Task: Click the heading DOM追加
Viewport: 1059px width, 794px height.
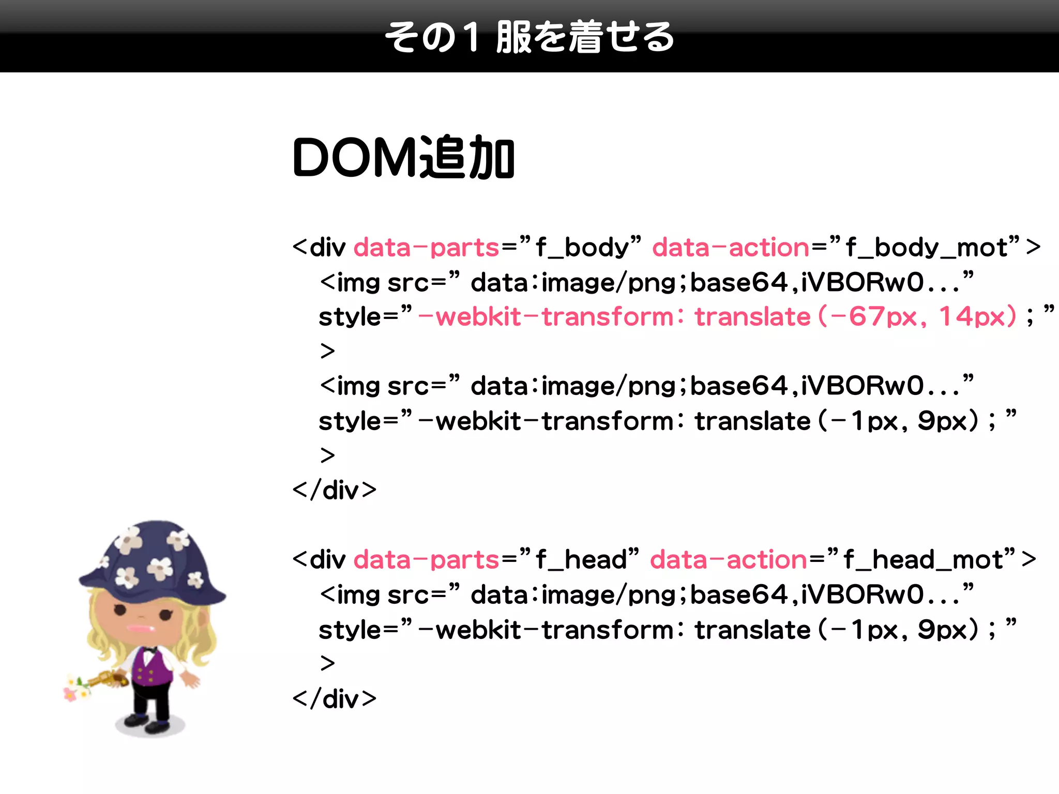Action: (x=403, y=158)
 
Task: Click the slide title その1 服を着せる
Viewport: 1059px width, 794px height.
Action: (x=529, y=37)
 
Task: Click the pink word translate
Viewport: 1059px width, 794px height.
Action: (x=752, y=316)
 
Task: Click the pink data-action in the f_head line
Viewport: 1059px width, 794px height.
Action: (x=729, y=559)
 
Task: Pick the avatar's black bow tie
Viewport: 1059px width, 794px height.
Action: (x=150, y=648)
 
